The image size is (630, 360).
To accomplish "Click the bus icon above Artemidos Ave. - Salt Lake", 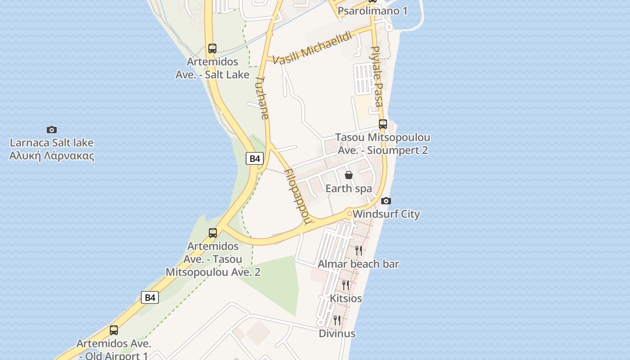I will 212,48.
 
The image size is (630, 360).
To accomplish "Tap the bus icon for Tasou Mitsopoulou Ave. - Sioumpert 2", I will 383,124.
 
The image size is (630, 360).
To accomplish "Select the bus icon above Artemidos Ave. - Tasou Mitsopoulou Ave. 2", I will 213,233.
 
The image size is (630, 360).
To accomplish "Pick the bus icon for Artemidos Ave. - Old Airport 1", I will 114,330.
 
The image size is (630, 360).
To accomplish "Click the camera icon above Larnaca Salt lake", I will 52,130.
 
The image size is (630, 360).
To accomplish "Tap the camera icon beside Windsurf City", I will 386,201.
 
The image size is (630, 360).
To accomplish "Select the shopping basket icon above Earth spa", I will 349,175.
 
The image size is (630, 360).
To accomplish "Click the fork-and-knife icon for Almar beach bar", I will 359,250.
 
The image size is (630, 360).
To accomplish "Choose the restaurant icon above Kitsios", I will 346,285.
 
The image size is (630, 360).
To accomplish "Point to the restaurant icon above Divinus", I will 337,320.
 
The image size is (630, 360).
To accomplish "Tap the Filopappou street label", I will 298,196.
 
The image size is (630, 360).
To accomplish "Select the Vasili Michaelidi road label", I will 312,49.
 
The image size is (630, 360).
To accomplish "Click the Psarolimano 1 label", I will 372,11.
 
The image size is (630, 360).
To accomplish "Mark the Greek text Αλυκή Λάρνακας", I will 52,156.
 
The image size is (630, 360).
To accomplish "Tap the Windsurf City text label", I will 386,214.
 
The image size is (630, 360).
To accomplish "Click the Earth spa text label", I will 349,188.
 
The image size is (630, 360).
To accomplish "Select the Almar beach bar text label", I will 358,264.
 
